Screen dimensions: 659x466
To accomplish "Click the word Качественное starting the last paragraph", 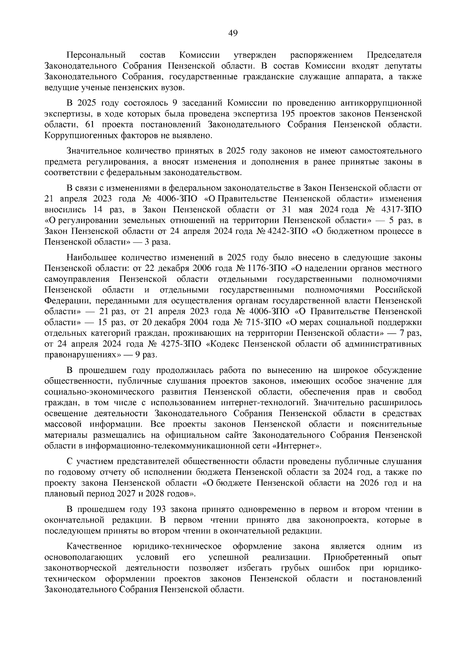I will (94, 546).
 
